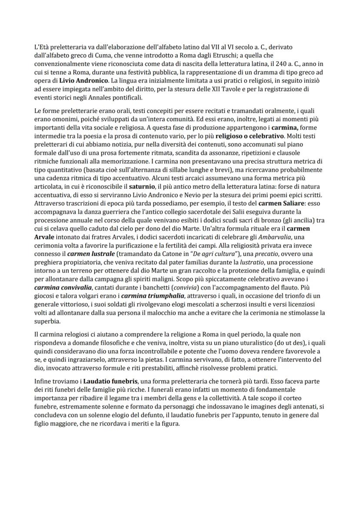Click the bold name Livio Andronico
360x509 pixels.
(x=84, y=81)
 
